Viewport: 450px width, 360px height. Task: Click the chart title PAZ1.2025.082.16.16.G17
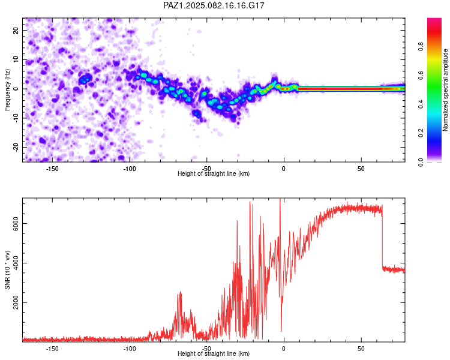click(214, 5)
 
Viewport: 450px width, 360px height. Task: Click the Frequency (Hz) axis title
click(7, 89)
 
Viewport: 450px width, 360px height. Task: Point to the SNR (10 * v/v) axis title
click(7, 270)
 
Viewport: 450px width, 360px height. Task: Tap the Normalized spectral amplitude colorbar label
click(445, 90)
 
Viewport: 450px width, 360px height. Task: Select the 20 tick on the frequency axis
click(16, 30)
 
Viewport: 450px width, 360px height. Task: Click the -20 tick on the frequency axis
click(16, 147)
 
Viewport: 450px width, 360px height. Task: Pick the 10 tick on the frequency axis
click(16, 59)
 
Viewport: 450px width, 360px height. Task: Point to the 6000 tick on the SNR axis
click(16, 224)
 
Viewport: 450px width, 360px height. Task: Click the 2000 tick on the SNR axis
click(16, 302)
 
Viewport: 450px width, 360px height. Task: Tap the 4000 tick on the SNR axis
click(16, 263)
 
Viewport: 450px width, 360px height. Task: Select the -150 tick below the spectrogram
click(52, 169)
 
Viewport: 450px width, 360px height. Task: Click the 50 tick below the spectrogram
click(361, 169)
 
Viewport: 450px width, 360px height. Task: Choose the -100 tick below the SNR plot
click(130, 349)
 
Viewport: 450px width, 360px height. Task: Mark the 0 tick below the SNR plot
click(284, 349)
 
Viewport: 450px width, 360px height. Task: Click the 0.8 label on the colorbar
click(421, 47)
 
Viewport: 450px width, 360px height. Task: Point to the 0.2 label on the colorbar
click(421, 133)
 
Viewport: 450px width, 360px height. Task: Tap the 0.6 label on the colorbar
click(421, 75)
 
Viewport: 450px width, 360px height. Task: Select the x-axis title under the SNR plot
click(214, 353)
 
